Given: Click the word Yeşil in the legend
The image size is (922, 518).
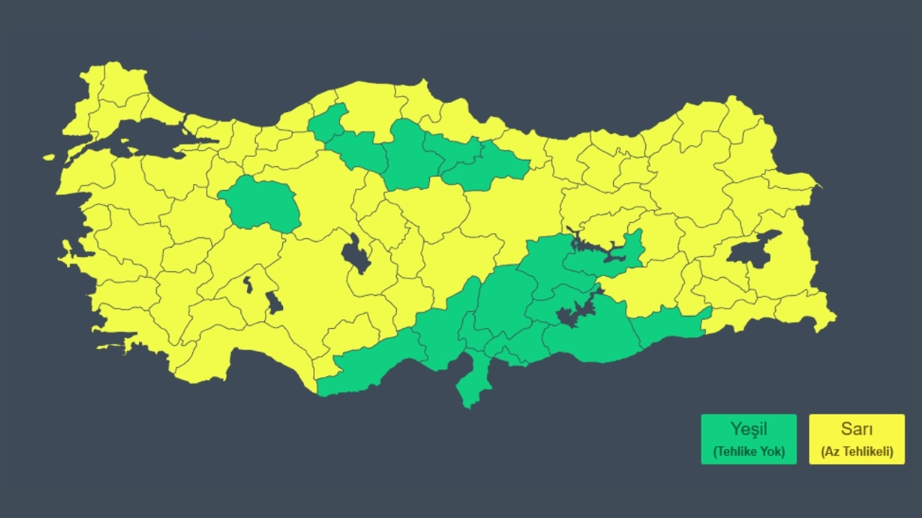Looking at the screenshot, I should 748,430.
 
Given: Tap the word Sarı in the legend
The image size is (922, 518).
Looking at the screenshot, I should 856,430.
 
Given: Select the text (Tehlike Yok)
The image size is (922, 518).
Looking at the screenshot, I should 748,453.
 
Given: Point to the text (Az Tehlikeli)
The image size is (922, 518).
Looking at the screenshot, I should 856,453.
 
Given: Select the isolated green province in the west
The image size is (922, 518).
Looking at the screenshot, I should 261,203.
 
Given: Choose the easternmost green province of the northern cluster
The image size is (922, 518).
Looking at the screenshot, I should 497,164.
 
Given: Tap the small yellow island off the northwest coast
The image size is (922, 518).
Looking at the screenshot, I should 49,157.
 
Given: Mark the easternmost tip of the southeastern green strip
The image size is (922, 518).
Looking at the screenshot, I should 709,311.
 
